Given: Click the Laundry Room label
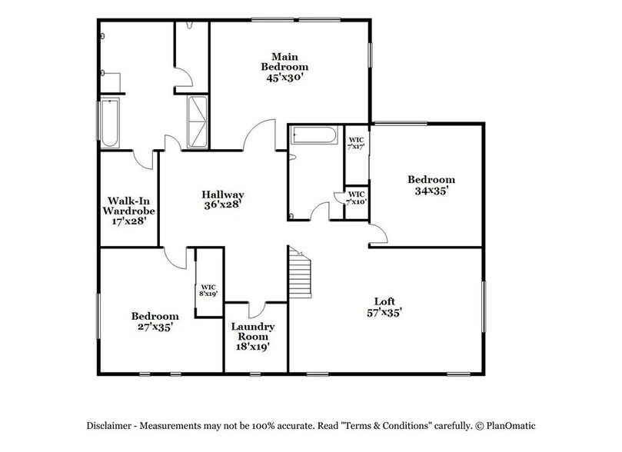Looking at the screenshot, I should [x=250, y=336].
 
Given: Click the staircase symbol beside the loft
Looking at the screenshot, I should [x=299, y=273].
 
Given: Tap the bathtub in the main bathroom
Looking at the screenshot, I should [x=110, y=123].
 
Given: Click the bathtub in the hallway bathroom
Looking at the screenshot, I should [x=313, y=136].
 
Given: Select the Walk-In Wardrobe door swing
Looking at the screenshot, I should [x=142, y=158].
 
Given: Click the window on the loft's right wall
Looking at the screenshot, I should [x=484, y=307].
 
